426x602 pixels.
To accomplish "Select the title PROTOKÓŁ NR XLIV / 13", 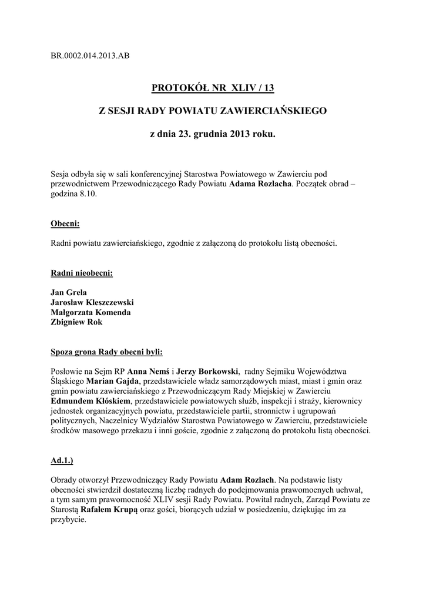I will tap(213, 89).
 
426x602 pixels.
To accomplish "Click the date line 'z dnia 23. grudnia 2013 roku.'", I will tap(213, 134).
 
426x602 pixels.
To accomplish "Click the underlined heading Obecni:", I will tap(65, 224).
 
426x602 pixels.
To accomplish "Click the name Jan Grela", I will tap(69, 292).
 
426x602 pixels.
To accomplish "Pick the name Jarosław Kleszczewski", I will tap(92, 302).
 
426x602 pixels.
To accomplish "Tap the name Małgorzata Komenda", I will tap(91, 312).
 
